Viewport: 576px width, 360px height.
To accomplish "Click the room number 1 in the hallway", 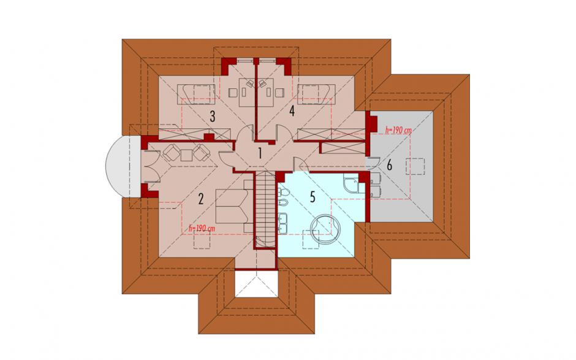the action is coord(260,153).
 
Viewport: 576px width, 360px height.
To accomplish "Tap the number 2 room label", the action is coord(200,199).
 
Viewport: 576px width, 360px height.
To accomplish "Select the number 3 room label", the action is coord(213,117).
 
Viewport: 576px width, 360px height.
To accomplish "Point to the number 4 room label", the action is coord(292,110).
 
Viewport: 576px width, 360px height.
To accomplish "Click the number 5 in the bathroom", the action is coord(313,197).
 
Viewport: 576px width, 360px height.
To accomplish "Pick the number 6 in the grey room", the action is coord(389,166).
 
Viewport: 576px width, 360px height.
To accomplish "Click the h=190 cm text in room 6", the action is coord(398,130).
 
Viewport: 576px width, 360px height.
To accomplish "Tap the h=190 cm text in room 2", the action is coord(202,228).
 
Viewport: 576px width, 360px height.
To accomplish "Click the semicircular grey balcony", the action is coord(118,167).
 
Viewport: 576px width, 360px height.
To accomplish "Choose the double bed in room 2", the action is coord(233,206).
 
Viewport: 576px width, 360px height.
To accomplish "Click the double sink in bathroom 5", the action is coord(284,223).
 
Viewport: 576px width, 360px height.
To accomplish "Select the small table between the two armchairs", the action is coord(187,155).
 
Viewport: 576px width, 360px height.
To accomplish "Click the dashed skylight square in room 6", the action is coord(415,167).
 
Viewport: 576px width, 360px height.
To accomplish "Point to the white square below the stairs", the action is coord(256,283).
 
